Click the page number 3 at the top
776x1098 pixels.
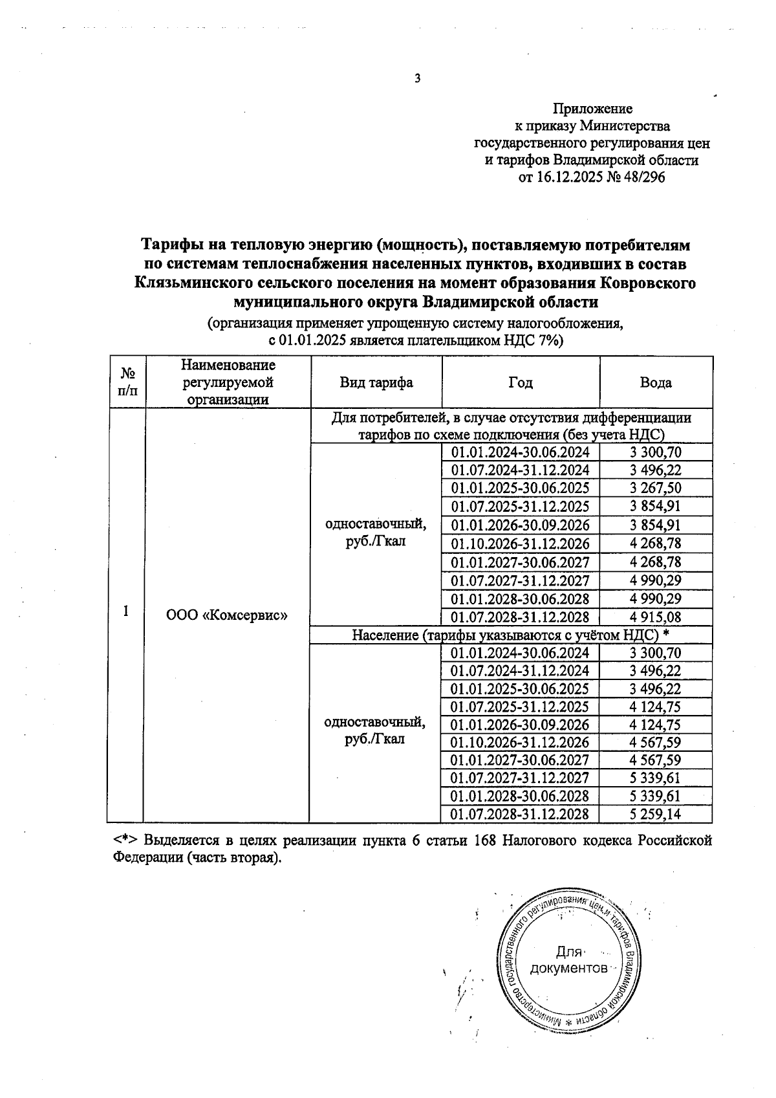417,79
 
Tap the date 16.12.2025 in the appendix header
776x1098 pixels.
570,177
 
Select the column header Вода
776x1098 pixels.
656,382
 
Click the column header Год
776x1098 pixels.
521,382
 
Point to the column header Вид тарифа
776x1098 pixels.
376,382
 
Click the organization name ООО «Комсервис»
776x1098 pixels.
227,615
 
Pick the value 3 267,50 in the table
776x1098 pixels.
656,488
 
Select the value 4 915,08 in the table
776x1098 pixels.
656,617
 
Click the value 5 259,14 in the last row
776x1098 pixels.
656,814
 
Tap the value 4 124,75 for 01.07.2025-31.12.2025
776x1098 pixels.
656,707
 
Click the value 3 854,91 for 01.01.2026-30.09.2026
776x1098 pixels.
656,525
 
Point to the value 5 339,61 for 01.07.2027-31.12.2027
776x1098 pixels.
656,778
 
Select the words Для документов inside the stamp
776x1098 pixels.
568,960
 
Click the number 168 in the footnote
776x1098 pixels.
486,840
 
